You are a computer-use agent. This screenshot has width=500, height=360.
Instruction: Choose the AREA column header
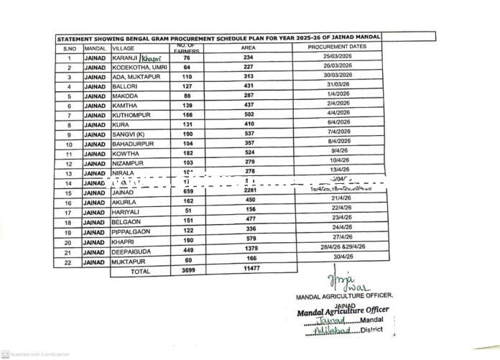[249, 47]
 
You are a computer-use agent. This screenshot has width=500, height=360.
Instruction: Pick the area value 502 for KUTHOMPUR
[249, 115]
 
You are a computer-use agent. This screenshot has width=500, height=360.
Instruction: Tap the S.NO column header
[68, 47]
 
